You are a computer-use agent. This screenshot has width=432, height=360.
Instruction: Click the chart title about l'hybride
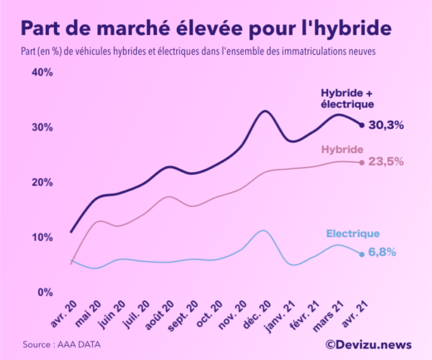[205, 28]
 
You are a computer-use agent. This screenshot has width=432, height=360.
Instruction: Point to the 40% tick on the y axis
[42, 72]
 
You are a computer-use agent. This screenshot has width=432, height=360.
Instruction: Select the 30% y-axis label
[42, 127]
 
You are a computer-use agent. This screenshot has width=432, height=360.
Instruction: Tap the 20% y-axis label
[42, 182]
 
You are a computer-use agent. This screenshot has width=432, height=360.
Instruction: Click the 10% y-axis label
[42, 237]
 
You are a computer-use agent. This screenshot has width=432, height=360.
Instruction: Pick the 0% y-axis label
[45, 292]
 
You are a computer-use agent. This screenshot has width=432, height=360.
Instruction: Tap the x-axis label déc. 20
[253, 314]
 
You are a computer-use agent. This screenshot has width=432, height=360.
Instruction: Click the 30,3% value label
[386, 126]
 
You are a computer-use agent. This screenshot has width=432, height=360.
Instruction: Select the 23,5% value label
[386, 162]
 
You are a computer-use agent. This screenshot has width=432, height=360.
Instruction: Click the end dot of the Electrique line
[361, 254]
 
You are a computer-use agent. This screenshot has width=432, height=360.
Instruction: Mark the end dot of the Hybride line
[361, 162]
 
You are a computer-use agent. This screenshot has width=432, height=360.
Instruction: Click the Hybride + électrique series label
[347, 98]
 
